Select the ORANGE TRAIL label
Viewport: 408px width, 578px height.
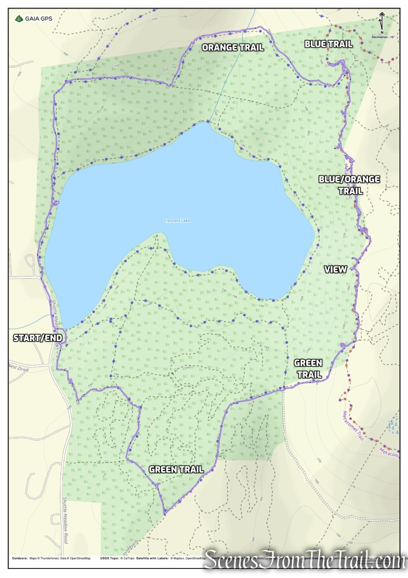pos(233,47)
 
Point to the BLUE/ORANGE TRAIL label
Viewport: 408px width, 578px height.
pos(349,185)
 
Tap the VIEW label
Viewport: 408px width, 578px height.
pos(335,269)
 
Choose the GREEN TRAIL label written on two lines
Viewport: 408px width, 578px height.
pos(308,368)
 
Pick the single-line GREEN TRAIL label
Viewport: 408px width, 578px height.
pos(176,469)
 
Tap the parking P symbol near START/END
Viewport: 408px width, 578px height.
pos(67,344)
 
